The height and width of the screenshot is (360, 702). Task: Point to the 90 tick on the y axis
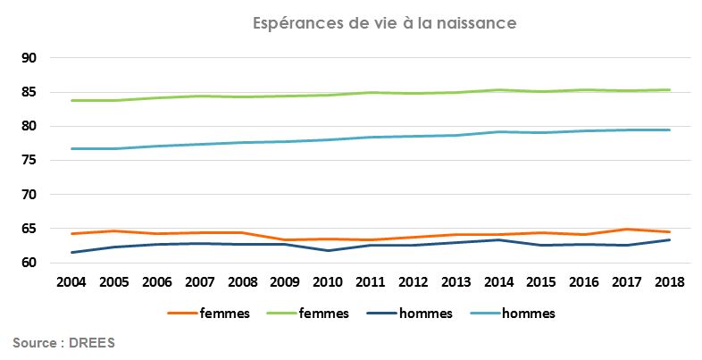pyautogui.click(x=28, y=58)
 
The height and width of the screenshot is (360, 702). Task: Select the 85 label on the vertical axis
pyautogui.click(x=28, y=92)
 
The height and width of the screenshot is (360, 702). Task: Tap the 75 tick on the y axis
pyautogui.click(x=28, y=161)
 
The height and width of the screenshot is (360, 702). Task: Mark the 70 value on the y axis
pyautogui.click(x=28, y=195)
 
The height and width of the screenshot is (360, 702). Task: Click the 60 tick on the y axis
pyautogui.click(x=28, y=263)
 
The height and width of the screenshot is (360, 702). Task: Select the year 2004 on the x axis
pyautogui.click(x=71, y=282)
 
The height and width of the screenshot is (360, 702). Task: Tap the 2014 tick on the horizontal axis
pyautogui.click(x=498, y=282)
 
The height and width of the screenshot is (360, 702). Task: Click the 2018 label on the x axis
pyautogui.click(x=669, y=282)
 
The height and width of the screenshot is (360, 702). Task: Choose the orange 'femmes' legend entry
pyautogui.click(x=209, y=314)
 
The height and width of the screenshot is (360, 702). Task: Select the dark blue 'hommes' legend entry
pyautogui.click(x=420, y=314)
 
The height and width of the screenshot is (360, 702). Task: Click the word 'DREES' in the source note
pyautogui.click(x=92, y=343)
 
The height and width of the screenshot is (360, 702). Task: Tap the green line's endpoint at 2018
pyautogui.click(x=669, y=89)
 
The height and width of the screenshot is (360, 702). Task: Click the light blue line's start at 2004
pyautogui.click(x=71, y=148)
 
